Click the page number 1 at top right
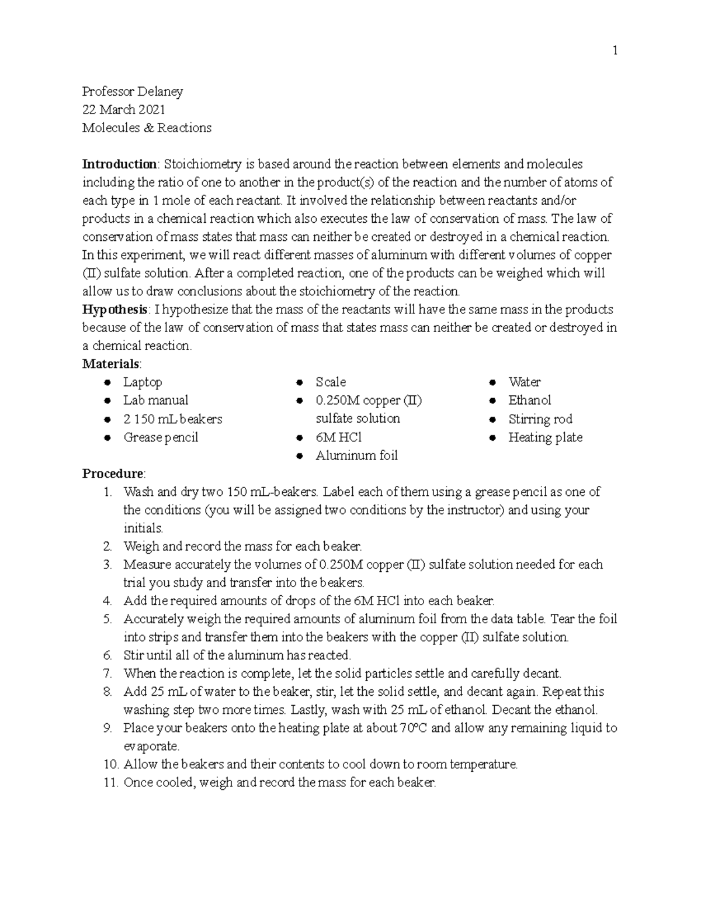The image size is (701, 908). pyautogui.click(x=615, y=51)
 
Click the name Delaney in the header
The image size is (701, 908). pyautogui.click(x=161, y=91)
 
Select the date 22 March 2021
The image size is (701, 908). pyautogui.click(x=123, y=109)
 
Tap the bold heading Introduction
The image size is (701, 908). pyautogui.click(x=119, y=164)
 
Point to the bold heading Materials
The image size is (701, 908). pyautogui.click(x=110, y=364)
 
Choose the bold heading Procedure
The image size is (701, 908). pyautogui.click(x=113, y=473)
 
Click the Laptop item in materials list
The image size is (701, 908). pyautogui.click(x=143, y=382)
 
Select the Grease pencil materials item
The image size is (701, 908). pyautogui.click(x=161, y=437)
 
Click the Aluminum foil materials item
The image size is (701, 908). pyautogui.click(x=356, y=455)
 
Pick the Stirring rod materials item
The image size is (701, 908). pyautogui.click(x=540, y=419)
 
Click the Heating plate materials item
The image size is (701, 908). pyautogui.click(x=545, y=437)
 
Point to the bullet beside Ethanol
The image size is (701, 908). pyautogui.click(x=494, y=401)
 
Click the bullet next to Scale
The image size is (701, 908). pyautogui.click(x=299, y=382)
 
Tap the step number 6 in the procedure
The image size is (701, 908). pyautogui.click(x=107, y=655)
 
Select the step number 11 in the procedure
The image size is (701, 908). pyautogui.click(x=110, y=782)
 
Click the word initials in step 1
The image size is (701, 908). pyautogui.click(x=143, y=528)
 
